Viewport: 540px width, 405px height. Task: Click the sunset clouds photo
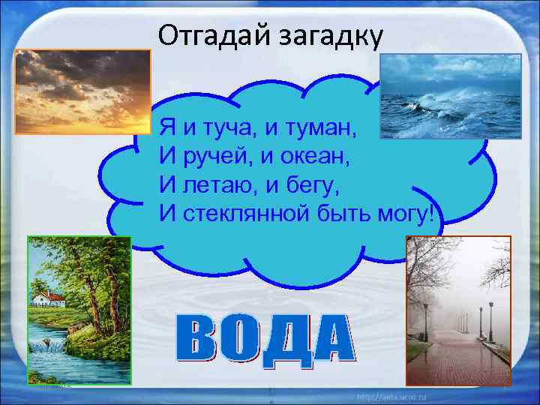click(x=83, y=91)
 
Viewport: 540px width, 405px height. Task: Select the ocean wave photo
click(x=449, y=96)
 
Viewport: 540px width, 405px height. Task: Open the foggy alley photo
click(x=457, y=310)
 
